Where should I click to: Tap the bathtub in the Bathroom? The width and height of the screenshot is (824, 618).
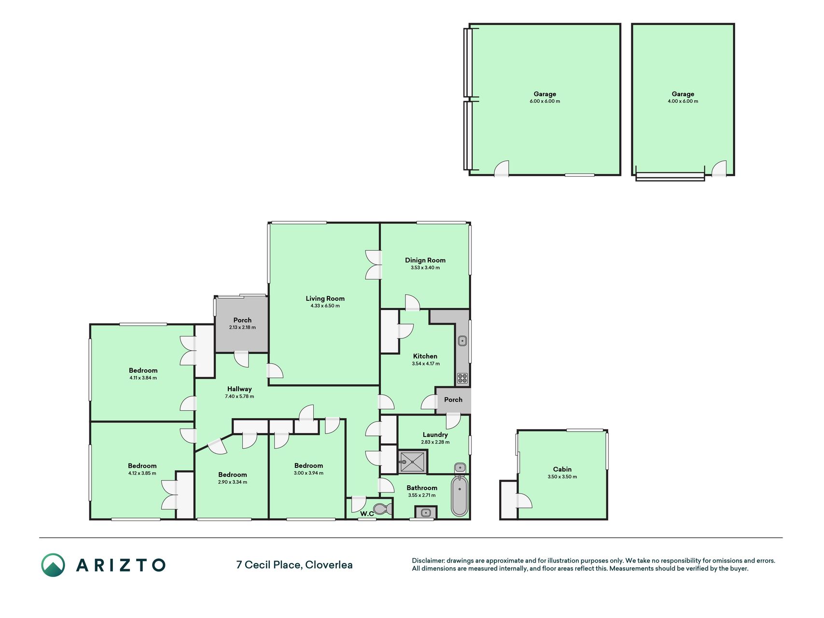(x=460, y=495)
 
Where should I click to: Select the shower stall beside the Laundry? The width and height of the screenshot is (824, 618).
(x=413, y=462)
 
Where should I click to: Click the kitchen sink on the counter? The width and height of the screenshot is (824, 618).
(x=462, y=341)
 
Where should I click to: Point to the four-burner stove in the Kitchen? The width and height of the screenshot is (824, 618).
(x=462, y=378)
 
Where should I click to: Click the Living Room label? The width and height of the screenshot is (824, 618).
(x=325, y=298)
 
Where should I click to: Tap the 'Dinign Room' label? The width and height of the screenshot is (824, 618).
(x=425, y=260)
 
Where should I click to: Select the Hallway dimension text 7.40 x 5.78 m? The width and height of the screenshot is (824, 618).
(x=239, y=396)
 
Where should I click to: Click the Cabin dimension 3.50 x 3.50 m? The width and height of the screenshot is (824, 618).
(x=562, y=477)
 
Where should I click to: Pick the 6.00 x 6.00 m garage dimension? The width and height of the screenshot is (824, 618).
(x=545, y=101)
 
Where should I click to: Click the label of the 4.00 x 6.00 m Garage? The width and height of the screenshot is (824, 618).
(x=683, y=94)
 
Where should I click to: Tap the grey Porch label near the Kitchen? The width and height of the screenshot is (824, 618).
(x=453, y=400)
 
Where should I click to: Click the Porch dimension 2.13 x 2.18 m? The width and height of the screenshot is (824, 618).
(x=242, y=327)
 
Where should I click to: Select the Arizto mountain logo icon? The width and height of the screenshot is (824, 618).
(x=53, y=565)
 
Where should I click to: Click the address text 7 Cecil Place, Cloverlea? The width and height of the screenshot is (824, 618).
(x=294, y=565)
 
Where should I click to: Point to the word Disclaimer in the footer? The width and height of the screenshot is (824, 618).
(x=428, y=561)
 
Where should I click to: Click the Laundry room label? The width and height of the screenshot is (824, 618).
(x=435, y=435)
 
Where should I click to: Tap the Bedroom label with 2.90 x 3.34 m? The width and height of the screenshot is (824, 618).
(x=232, y=475)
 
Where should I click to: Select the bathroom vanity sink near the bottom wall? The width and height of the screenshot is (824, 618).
(x=426, y=512)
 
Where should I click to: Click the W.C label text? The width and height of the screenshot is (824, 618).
(x=367, y=514)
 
